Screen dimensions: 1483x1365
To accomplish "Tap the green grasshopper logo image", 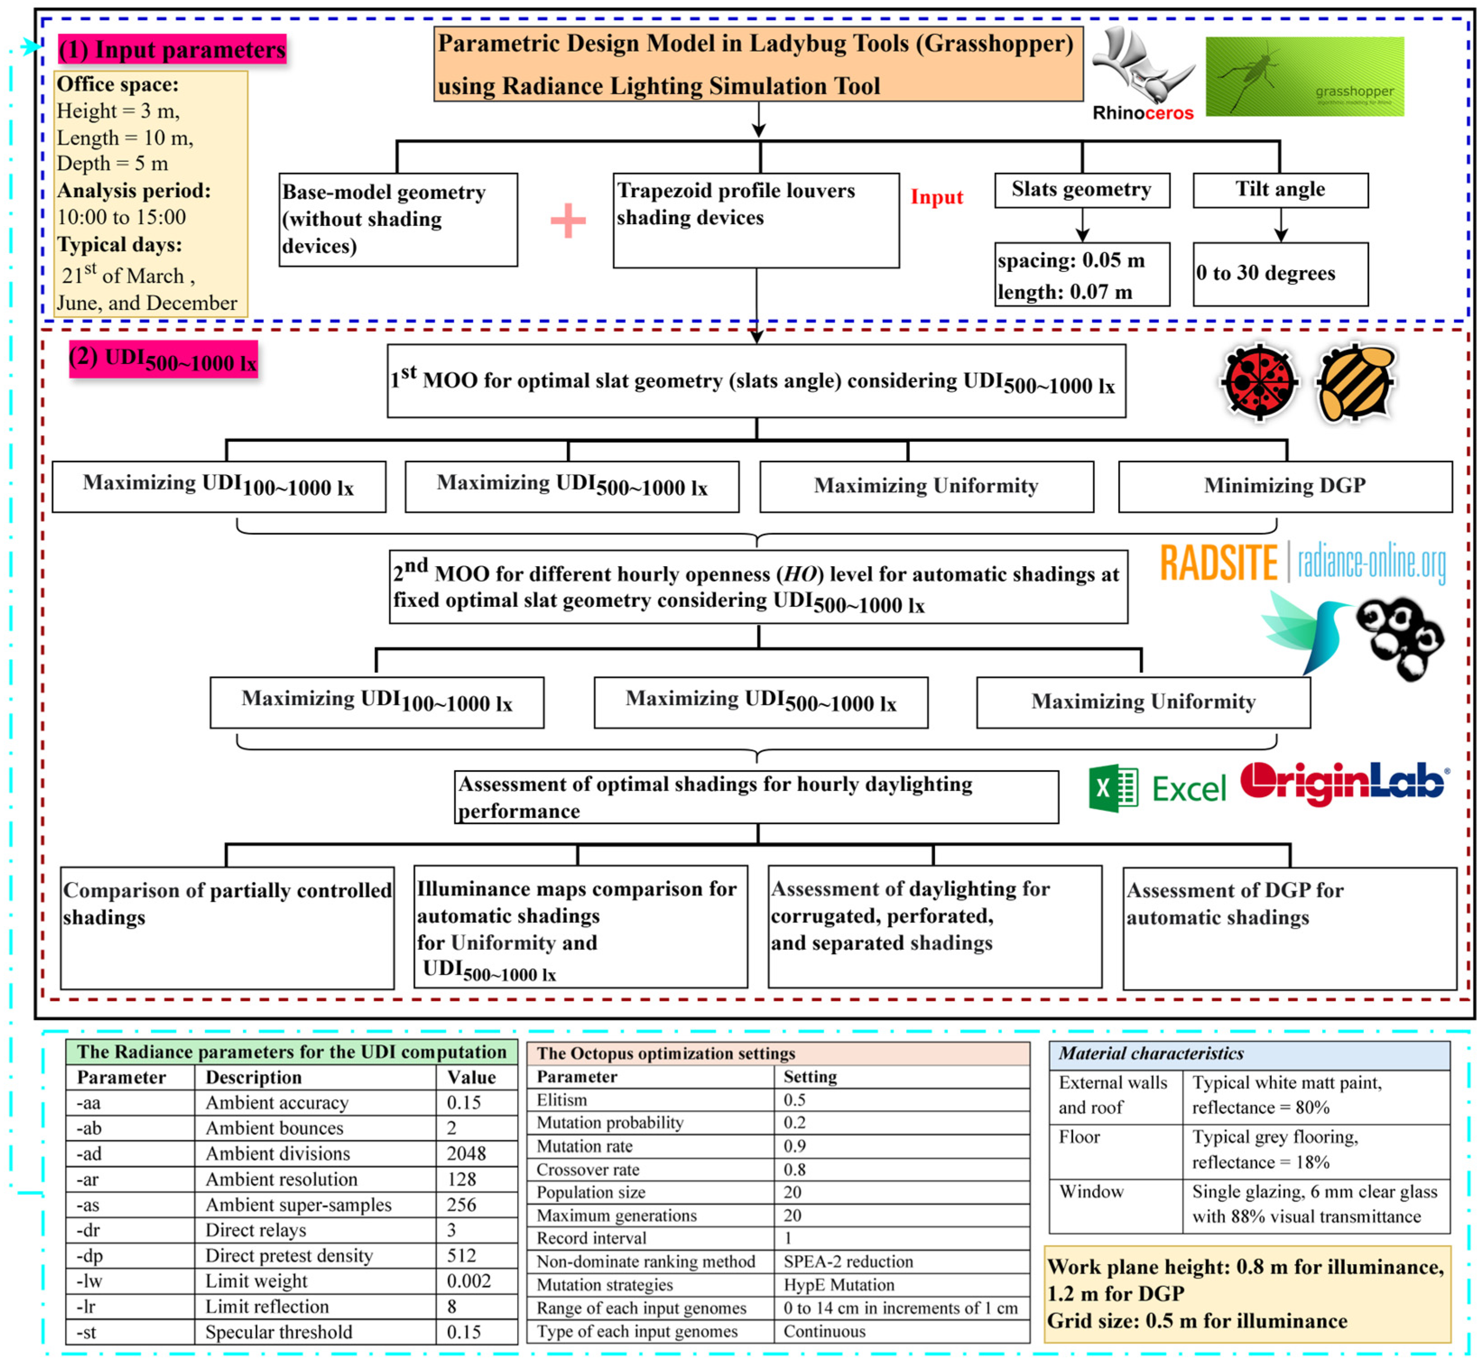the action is click(1304, 77).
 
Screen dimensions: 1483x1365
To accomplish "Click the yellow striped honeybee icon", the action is click(1355, 383).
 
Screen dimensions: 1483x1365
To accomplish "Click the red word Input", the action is click(936, 197).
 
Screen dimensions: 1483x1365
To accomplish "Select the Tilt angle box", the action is click(1280, 190).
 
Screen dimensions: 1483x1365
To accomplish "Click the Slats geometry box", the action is click(1082, 190).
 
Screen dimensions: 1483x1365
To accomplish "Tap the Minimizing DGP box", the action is click(1285, 486).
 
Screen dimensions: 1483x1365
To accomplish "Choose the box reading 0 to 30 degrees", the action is click(1280, 274).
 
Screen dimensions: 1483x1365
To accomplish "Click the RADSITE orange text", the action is click(1219, 563).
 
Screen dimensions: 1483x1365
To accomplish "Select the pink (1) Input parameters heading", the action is click(172, 50).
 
